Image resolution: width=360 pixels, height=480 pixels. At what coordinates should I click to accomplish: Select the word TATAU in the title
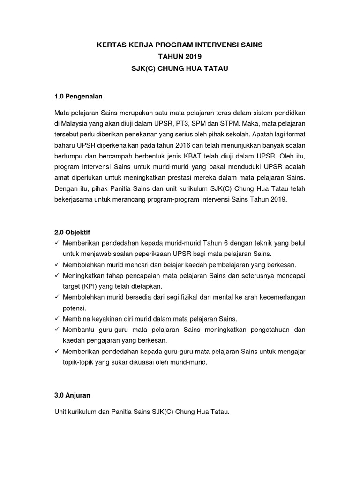pos(215,69)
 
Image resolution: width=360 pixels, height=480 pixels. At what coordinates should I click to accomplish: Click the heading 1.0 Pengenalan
pos(78,96)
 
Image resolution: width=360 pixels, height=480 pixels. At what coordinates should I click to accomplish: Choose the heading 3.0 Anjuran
pos(73,395)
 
